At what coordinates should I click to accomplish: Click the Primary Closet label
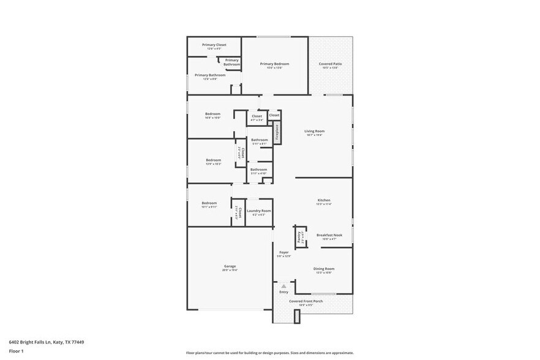[213, 45]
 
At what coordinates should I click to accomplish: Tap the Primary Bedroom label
[274, 64]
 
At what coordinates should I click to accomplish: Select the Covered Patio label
[330, 64]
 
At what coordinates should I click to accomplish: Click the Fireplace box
[277, 133]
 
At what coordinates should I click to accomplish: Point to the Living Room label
[314, 131]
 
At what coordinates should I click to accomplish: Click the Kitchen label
[323, 200]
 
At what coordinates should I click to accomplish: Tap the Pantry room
[299, 236]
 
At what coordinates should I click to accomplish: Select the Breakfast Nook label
[329, 235]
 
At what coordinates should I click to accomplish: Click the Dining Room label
[323, 269]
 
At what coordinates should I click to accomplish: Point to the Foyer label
[284, 252]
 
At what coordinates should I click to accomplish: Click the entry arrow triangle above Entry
[283, 285]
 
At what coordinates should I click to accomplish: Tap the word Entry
[283, 292]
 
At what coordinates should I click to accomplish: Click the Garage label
[230, 266]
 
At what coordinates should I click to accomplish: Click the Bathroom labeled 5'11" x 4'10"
[258, 170]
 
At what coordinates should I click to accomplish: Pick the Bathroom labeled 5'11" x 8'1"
[259, 140]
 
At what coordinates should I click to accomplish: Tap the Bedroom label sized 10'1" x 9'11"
[209, 203]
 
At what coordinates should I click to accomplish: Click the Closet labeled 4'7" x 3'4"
[257, 116]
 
